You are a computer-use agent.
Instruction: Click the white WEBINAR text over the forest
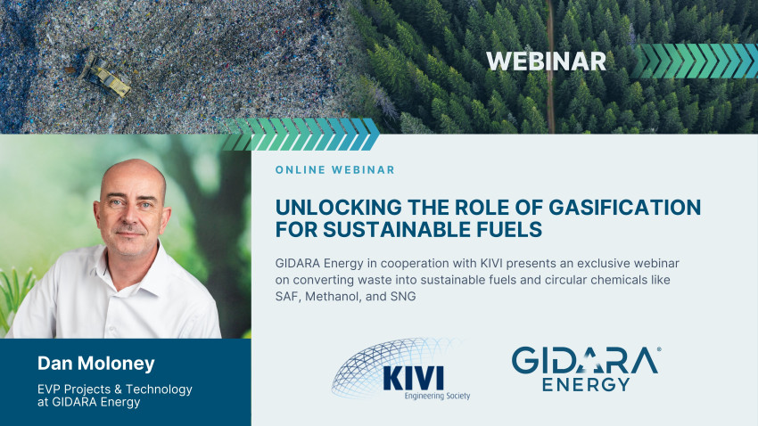pyautogui.click(x=546, y=61)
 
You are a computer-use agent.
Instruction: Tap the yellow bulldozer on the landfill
pyautogui.click(x=105, y=77)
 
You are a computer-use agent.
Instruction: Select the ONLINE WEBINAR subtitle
pyautogui.click(x=335, y=169)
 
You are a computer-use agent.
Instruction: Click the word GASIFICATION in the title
pyautogui.click(x=624, y=207)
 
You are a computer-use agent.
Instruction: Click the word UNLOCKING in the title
pyautogui.click(x=338, y=207)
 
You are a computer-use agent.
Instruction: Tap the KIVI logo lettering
pyautogui.click(x=413, y=378)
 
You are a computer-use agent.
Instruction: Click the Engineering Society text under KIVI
pyautogui.click(x=437, y=396)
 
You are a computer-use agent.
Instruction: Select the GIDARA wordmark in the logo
pyautogui.click(x=585, y=360)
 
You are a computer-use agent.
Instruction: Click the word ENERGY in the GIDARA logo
pyautogui.click(x=586, y=384)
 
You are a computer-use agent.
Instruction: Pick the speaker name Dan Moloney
pyautogui.click(x=96, y=364)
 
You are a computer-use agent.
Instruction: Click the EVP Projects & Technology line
pyautogui.click(x=115, y=389)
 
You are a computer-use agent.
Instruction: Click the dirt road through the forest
pyautogui.click(x=550, y=67)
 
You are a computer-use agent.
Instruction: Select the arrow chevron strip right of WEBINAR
pyautogui.click(x=695, y=61)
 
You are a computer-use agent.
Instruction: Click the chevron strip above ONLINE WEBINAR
pyautogui.click(x=300, y=135)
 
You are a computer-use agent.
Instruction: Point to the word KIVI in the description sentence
pyautogui.click(x=491, y=263)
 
